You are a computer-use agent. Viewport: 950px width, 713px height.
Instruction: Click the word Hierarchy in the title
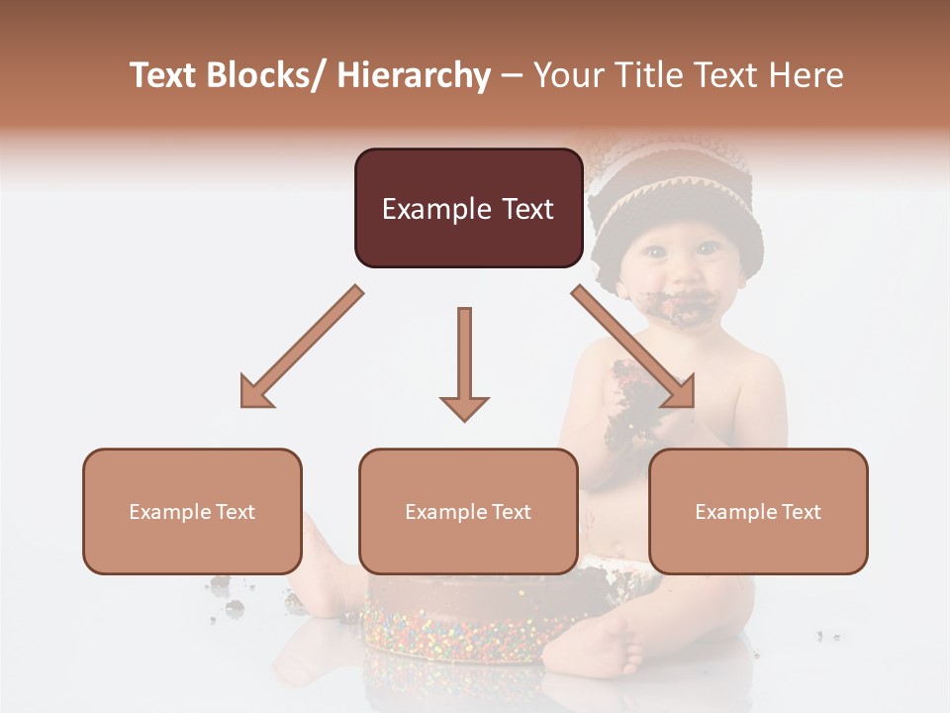414,75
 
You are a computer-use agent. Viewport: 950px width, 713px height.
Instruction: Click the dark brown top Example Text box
468,208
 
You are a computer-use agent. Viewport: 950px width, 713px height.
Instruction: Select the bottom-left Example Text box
192,511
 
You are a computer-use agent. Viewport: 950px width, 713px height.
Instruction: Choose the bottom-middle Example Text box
468,511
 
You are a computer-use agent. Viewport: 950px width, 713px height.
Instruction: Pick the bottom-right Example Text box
758,511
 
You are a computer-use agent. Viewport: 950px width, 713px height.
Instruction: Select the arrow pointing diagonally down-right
634,347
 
